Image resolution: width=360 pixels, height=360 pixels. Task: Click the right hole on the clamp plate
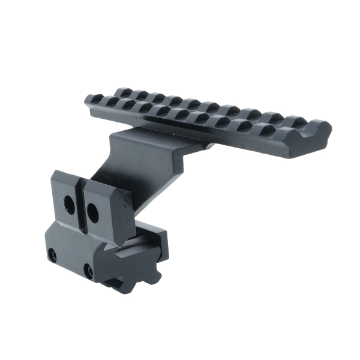(93, 211)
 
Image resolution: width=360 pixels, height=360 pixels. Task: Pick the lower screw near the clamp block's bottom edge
(89, 271)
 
